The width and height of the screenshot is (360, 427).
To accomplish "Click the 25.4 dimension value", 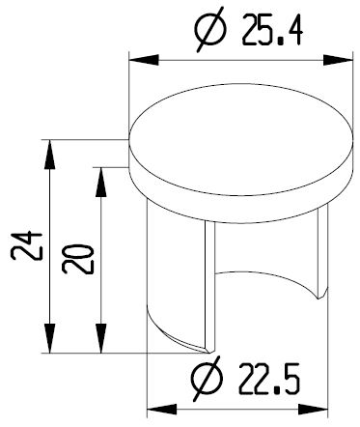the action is (272, 30).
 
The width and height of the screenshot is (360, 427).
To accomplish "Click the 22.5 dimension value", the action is (269, 379).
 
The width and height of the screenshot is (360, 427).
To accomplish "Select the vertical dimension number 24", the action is (27, 244).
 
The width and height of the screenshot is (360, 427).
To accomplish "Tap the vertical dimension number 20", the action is (78, 259).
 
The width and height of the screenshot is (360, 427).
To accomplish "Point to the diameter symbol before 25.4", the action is (210, 29).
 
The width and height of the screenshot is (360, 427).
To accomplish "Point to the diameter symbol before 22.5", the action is (207, 379).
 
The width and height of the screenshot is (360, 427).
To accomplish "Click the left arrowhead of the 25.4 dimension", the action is (144, 60).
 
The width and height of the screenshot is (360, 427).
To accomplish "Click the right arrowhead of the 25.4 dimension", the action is (338, 60).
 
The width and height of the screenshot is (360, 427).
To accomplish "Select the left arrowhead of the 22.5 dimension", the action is (162, 410).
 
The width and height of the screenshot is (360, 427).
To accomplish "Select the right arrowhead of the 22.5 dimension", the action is (313, 410).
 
